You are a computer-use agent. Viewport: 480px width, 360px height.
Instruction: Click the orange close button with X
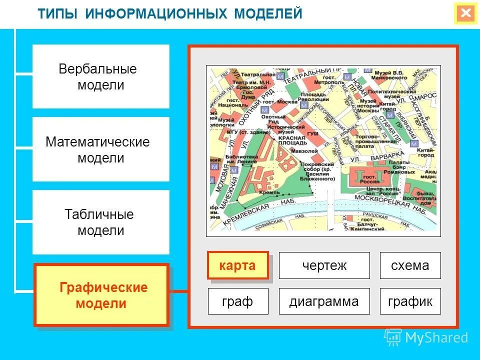coord(465,13)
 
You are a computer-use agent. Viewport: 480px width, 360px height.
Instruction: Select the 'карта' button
coord(237,265)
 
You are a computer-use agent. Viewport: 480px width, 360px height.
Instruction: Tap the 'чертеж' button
coord(324,265)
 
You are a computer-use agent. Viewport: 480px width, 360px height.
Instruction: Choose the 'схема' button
coord(410,265)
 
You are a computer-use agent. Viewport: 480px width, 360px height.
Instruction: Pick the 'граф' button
coord(237,301)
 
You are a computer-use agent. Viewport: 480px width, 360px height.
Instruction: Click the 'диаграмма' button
coord(324,301)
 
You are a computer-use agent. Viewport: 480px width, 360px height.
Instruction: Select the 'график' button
coord(410,301)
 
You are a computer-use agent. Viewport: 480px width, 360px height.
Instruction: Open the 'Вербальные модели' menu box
coord(100,76)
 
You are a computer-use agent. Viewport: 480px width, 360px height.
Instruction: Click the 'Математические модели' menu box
coord(100,149)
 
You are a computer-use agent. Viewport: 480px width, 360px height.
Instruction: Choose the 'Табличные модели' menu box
coord(100,222)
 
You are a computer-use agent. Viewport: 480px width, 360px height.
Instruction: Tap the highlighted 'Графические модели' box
coord(100,295)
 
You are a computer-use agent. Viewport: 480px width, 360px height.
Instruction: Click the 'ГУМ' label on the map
coord(312,133)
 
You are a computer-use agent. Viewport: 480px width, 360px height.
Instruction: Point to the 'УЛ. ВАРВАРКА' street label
coord(377,156)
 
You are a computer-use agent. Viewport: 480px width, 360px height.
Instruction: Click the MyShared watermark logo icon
coord(393,337)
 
